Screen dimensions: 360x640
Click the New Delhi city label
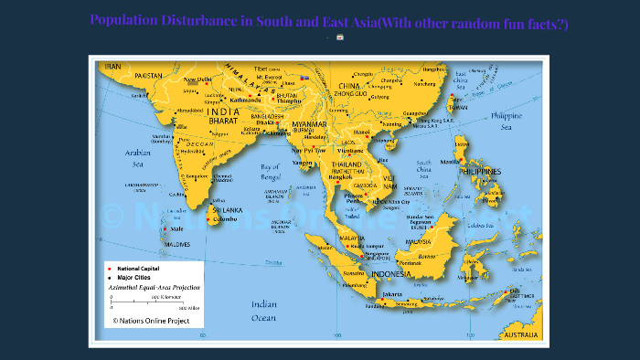(198, 79)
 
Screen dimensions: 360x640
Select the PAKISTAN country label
(149, 75)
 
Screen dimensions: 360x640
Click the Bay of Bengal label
(270, 171)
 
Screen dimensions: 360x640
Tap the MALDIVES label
(176, 245)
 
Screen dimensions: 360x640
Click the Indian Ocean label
(264, 311)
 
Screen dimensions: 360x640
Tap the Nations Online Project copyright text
(151, 321)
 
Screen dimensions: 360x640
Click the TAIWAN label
(457, 108)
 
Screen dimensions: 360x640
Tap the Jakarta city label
(393, 294)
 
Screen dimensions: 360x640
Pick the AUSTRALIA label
(521, 335)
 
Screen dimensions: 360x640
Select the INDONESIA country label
(392, 274)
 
